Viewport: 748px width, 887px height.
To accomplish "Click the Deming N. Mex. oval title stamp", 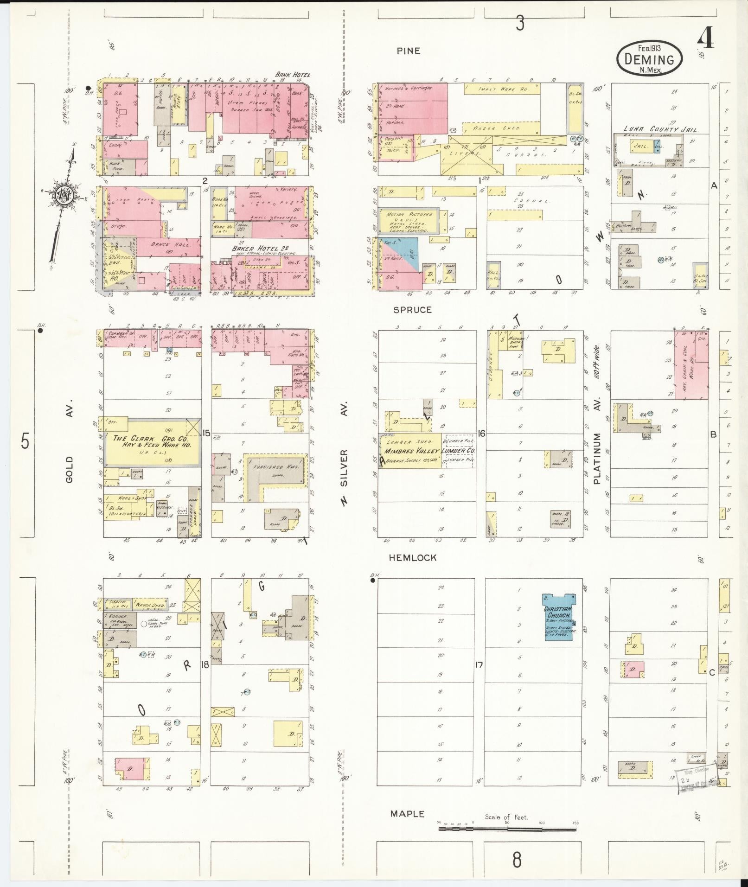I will click(649, 57).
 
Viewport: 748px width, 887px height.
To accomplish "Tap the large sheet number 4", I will click(706, 38).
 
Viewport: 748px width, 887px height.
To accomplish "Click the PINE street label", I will click(408, 51).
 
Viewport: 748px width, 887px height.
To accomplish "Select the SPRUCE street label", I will click(412, 310).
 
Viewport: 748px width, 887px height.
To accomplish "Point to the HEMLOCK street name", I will click(412, 557).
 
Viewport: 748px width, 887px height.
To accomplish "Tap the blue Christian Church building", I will click(559, 617).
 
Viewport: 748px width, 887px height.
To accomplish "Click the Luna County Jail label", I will click(660, 130).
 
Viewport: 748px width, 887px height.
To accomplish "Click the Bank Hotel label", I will click(292, 74).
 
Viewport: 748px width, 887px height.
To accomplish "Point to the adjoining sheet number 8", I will click(517, 860).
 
